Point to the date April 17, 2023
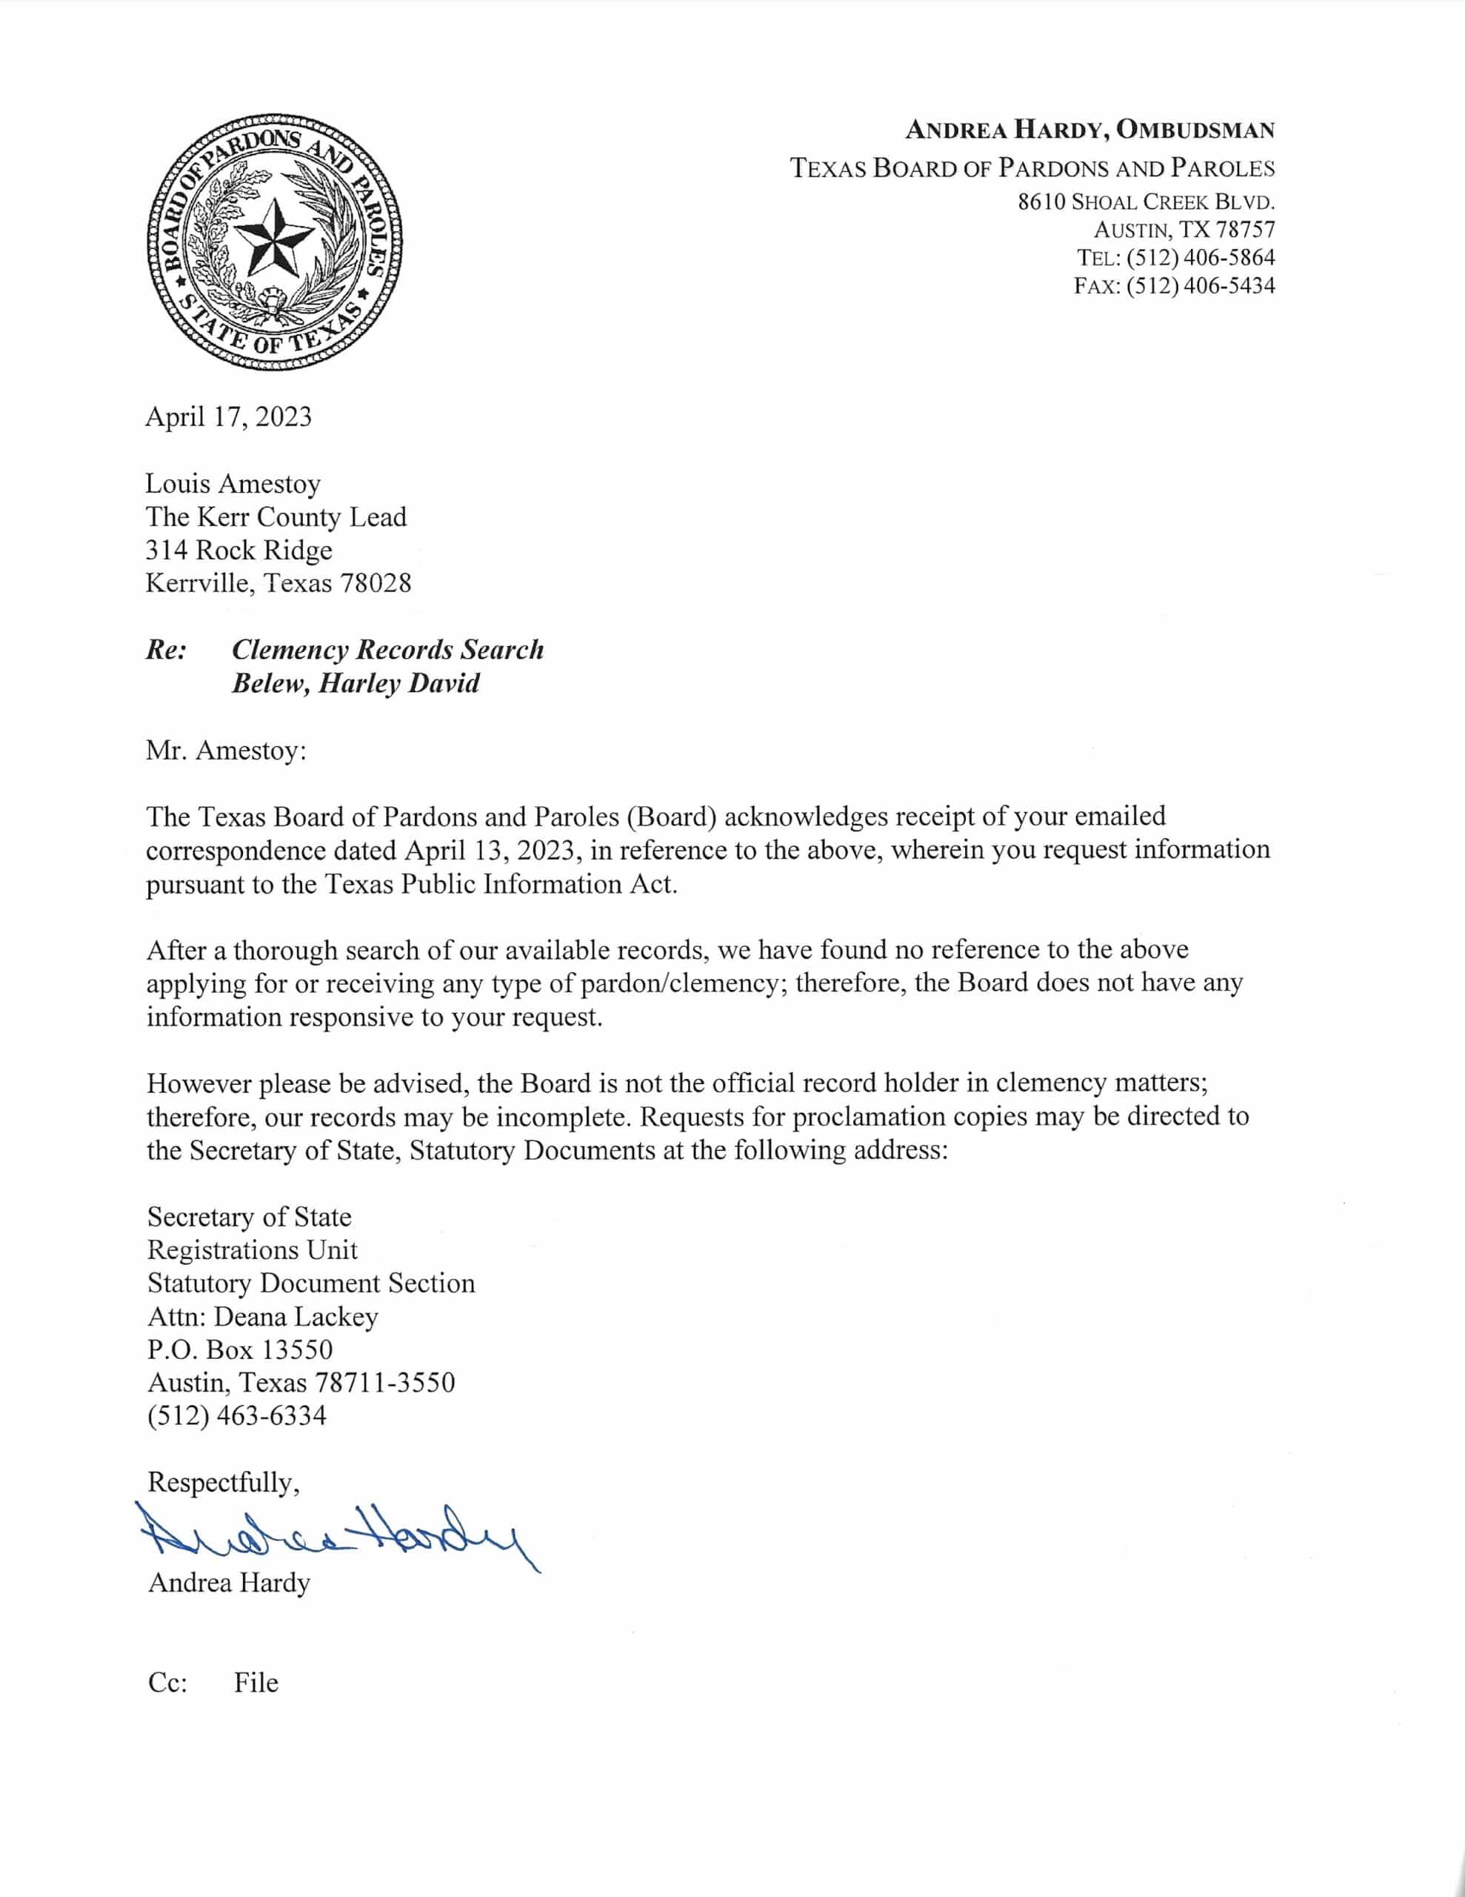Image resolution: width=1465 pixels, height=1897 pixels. tap(228, 417)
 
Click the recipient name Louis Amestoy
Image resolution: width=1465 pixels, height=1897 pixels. tap(233, 484)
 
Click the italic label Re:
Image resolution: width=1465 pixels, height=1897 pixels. tap(165, 650)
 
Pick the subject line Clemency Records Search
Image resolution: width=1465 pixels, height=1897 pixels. tap(387, 650)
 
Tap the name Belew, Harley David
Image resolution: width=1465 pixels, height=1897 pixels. tap(356, 683)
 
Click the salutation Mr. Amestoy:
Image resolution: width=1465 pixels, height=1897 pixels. tap(226, 751)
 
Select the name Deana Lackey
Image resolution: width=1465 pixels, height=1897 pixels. tap(296, 1317)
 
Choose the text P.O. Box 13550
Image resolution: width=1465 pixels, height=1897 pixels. tap(240, 1350)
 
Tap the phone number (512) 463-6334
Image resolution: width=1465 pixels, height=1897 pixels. tap(237, 1416)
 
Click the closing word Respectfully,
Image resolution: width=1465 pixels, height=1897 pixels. tap(223, 1483)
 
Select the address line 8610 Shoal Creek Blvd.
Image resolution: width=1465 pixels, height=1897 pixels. tap(1147, 202)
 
